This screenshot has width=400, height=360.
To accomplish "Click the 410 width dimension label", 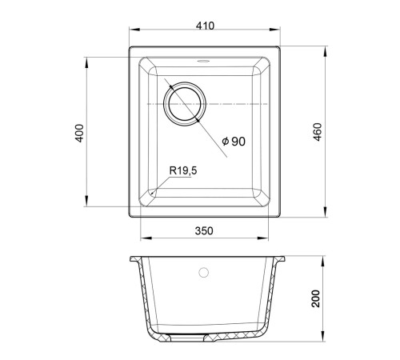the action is (205, 26).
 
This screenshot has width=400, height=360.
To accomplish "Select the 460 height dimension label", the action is (318, 132).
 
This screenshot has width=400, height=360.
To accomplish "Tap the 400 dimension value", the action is (79, 133).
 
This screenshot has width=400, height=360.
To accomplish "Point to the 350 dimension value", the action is (204, 231).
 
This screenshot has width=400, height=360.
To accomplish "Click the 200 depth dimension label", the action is (316, 298).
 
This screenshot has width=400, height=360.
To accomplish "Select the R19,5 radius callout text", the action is (183, 170).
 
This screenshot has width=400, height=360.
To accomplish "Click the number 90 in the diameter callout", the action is (238, 142).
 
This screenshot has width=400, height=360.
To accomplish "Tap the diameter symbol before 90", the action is (226, 142).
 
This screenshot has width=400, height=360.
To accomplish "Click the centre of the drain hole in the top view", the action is (185, 103).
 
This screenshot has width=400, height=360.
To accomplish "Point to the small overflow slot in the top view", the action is (203, 62).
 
